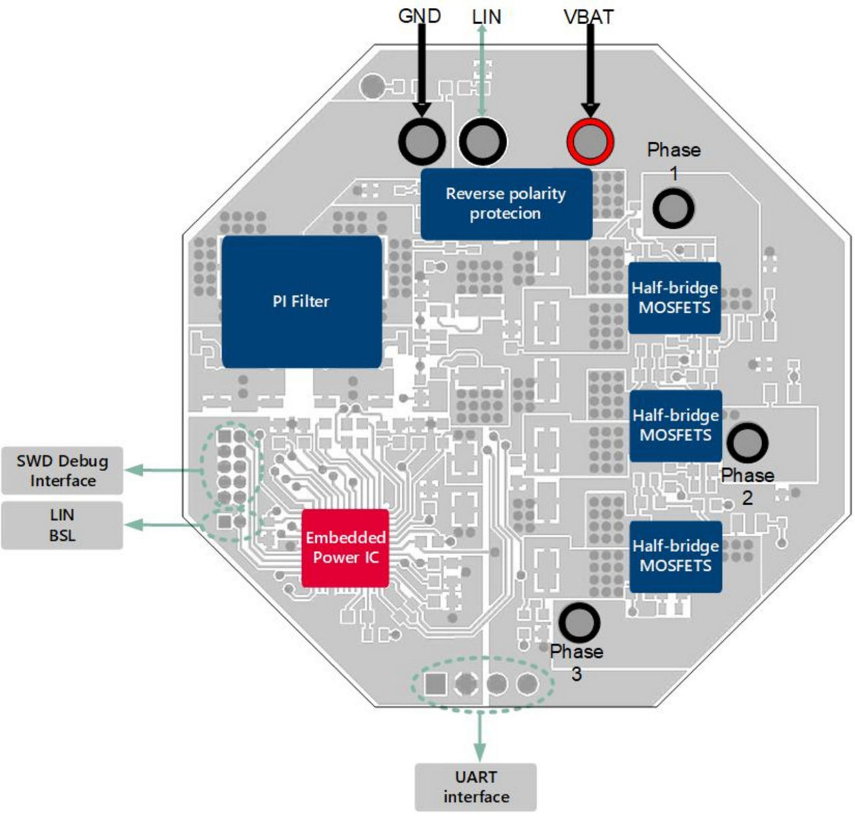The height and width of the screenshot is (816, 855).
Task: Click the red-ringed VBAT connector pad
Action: click(x=590, y=142)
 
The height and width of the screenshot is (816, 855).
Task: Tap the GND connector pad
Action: click(x=421, y=142)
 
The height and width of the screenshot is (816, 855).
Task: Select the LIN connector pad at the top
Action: click(x=482, y=142)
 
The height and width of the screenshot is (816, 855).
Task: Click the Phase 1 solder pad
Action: click(x=673, y=209)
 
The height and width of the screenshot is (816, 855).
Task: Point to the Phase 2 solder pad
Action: click(x=747, y=442)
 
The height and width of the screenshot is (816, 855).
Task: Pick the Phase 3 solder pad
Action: click(x=578, y=622)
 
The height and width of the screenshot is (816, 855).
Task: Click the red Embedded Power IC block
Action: click(x=345, y=548)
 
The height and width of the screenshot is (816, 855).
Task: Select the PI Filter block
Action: click(x=301, y=301)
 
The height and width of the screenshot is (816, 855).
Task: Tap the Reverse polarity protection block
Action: click(x=506, y=204)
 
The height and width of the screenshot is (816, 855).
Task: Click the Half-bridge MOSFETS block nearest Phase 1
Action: click(x=675, y=298)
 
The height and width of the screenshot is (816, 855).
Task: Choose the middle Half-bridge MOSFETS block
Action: click(x=675, y=426)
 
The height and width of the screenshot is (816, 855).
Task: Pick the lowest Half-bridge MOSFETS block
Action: click(x=675, y=556)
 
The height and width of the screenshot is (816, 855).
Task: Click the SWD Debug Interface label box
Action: click(x=62, y=470)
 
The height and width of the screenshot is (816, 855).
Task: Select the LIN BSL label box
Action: click(x=62, y=525)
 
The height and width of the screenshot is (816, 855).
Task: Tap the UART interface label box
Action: click(x=476, y=787)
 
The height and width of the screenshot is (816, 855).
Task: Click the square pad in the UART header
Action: click(x=436, y=684)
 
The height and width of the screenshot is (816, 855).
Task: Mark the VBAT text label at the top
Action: click(x=588, y=17)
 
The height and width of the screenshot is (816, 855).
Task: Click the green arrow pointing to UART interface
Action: click(x=479, y=735)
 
